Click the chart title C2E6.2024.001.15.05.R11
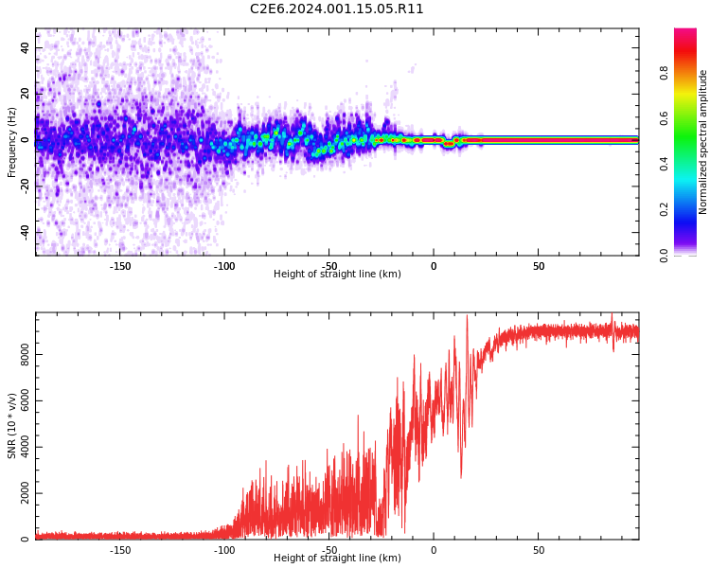coord(337,9)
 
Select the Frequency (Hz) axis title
coord(12,142)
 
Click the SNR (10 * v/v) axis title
coord(12,426)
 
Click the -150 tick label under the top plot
coord(120,266)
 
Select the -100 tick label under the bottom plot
coord(224,550)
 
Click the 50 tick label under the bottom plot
coord(538,550)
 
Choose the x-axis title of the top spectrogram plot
coord(337,275)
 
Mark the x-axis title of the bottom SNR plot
coord(337,559)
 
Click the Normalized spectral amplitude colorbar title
coord(703,142)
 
